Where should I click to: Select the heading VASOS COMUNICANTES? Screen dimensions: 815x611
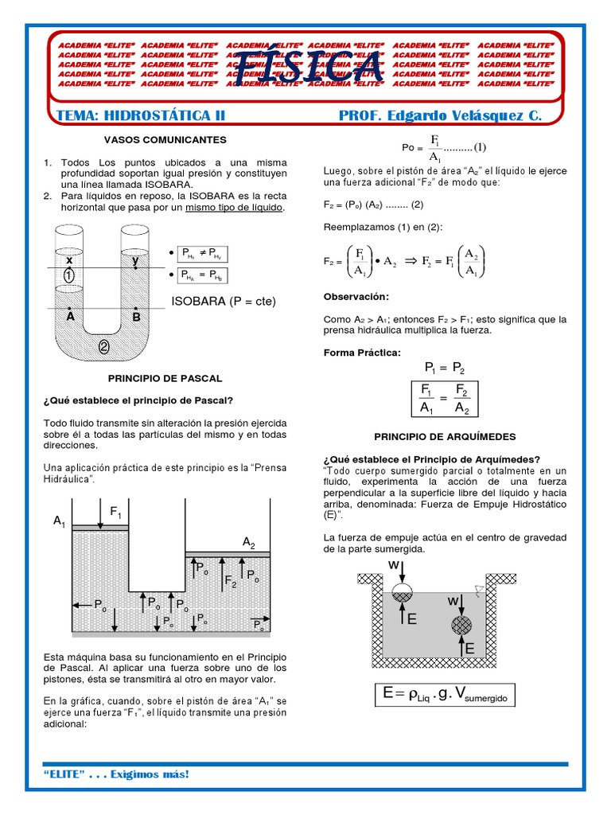[165, 139]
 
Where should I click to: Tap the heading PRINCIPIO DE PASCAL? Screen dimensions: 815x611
[165, 378]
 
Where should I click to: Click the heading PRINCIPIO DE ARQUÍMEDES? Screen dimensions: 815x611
[445, 437]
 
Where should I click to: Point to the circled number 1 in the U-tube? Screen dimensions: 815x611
[69, 275]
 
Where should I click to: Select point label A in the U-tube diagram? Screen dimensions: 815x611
[70, 316]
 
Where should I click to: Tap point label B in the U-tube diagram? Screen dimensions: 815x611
[136, 316]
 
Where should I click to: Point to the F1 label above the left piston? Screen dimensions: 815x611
[117, 510]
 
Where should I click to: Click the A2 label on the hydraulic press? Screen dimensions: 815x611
[248, 542]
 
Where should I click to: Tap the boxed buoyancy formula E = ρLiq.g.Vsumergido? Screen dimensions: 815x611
[449, 695]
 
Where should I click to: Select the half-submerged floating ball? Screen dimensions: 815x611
[403, 591]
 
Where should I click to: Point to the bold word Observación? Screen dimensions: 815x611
[356, 297]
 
